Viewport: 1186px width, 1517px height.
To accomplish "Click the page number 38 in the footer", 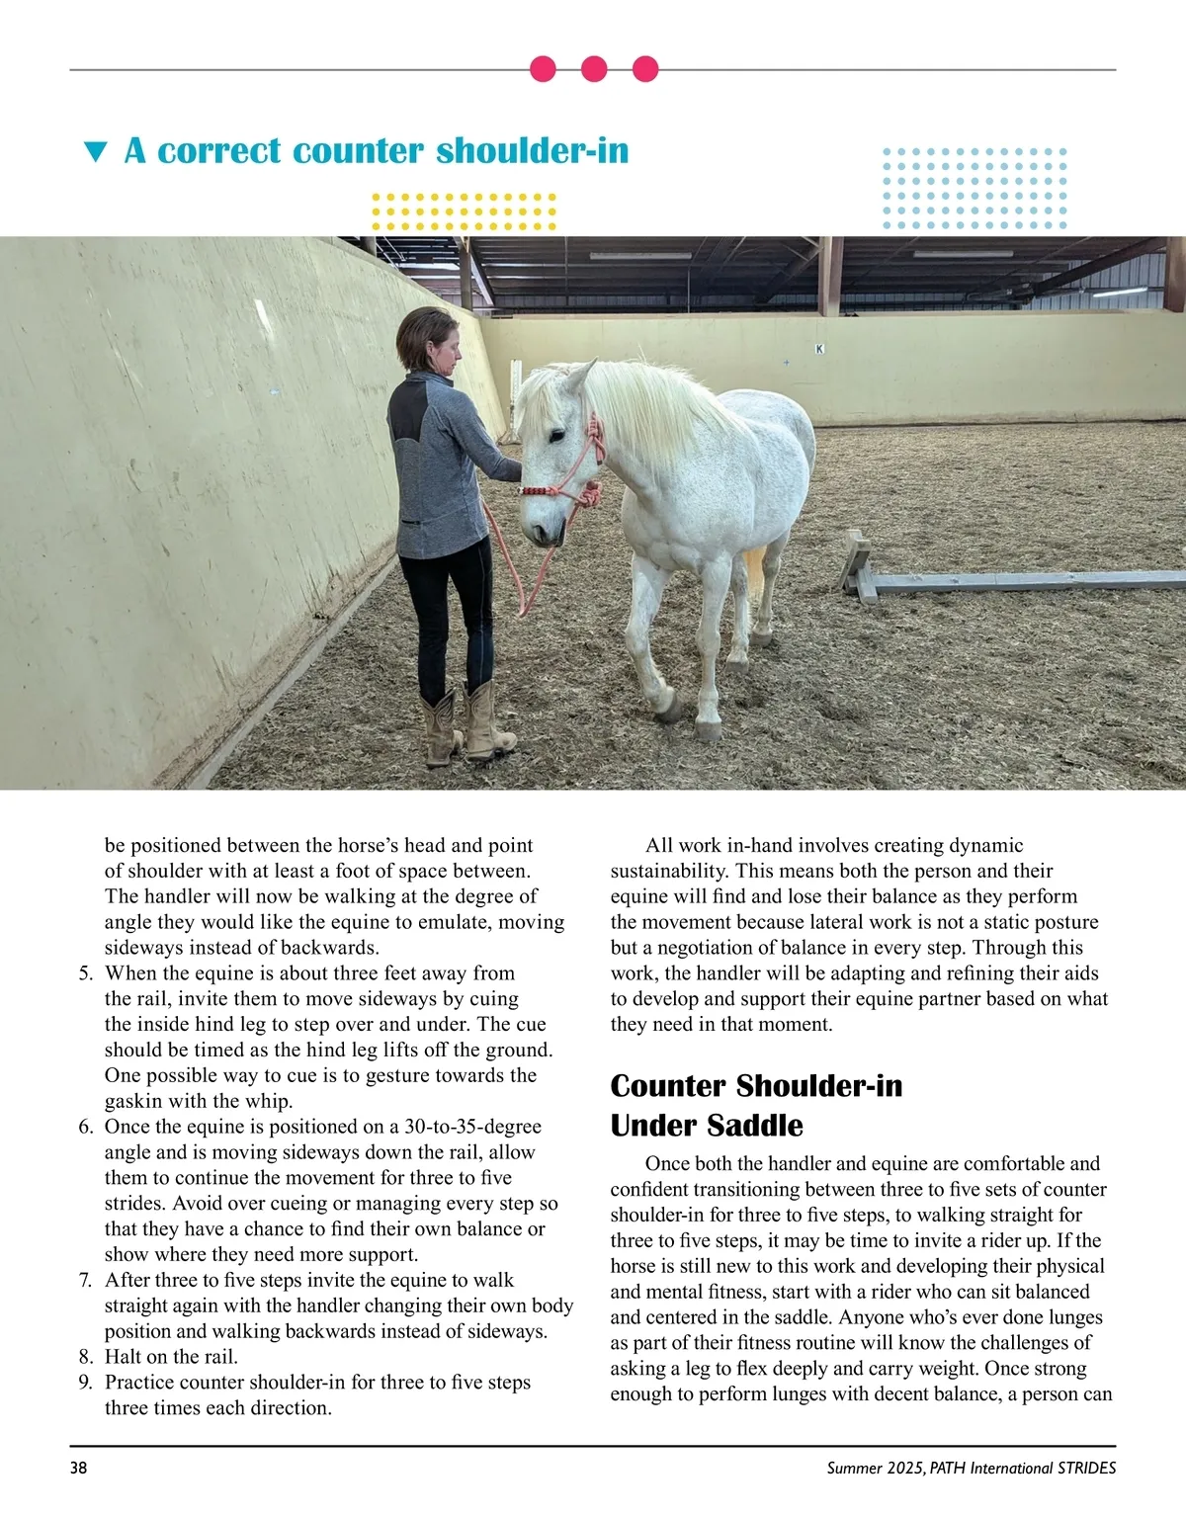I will (x=78, y=1468).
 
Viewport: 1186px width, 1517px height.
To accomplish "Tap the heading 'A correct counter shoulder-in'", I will (x=376, y=151).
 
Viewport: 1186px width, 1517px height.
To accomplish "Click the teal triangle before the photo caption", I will (x=95, y=152).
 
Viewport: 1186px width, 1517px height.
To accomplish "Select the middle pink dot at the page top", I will (x=594, y=69).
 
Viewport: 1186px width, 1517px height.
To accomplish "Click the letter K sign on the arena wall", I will (x=818, y=348).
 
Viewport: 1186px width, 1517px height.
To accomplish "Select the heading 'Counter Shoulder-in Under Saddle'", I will (x=756, y=1105).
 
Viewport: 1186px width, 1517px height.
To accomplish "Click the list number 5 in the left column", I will (x=85, y=973).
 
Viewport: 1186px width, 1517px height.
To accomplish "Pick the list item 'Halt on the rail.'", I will (x=171, y=1357).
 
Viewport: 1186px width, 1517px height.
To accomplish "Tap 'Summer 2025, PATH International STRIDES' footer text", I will (x=972, y=1468).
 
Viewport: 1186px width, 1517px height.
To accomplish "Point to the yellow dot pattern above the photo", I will (x=465, y=211).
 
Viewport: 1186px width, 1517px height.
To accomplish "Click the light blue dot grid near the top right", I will (x=974, y=189).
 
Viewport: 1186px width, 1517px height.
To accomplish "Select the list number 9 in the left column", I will (x=85, y=1383).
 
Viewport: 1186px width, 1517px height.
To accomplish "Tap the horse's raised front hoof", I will (x=669, y=709).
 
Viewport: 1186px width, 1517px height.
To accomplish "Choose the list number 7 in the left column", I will (x=85, y=1280).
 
